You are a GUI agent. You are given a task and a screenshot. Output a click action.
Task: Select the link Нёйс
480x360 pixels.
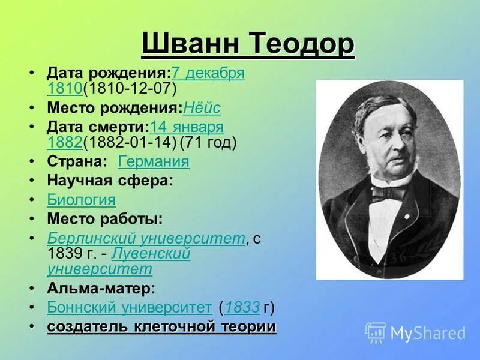[202, 108]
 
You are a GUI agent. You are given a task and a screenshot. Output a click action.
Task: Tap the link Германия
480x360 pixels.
[154, 161]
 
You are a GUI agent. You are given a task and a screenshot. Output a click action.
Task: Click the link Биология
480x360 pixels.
[81, 200]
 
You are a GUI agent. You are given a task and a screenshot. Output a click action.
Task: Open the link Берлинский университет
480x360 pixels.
[146, 238]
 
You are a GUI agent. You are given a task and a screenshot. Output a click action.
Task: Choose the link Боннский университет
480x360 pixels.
[129, 308]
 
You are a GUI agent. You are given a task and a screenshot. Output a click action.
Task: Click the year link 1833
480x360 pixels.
[242, 308]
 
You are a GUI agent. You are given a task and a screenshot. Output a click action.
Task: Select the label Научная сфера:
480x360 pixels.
[110, 180]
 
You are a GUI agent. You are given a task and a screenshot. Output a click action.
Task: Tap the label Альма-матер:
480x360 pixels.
[101, 288]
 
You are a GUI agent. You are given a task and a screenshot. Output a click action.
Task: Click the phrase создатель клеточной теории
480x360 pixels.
[161, 327]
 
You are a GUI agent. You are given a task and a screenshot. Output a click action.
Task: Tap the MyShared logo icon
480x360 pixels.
[376, 332]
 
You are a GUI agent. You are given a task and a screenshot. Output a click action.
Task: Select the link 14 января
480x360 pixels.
[187, 127]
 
